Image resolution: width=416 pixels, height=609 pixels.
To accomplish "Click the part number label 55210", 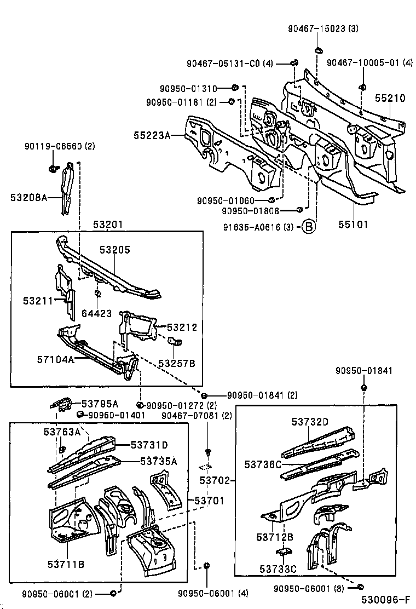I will pyautogui.click(x=390, y=99).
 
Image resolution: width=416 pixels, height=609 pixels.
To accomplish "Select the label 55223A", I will pyautogui.click(x=152, y=135).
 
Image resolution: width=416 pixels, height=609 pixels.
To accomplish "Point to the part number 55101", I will pyautogui.click(x=353, y=224).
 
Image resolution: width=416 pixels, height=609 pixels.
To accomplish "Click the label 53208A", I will pyautogui.click(x=28, y=197).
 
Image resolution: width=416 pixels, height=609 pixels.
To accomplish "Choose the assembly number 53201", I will pyautogui.click(x=108, y=224).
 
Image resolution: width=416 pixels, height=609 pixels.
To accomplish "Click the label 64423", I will pyautogui.click(x=96, y=314).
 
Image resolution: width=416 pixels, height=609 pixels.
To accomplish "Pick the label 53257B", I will pyautogui.click(x=177, y=363).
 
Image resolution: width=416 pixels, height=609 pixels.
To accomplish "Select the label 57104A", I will pyautogui.click(x=55, y=360).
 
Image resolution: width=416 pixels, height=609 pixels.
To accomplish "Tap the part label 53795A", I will pyautogui.click(x=100, y=403).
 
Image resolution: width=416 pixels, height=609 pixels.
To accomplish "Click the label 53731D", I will pyautogui.click(x=149, y=445).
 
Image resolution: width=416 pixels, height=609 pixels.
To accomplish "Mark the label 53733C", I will pyautogui.click(x=278, y=569).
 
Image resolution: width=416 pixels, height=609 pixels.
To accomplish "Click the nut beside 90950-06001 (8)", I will pyautogui.click(x=361, y=587).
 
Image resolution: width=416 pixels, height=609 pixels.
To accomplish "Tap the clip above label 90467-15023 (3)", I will pyautogui.click(x=318, y=50).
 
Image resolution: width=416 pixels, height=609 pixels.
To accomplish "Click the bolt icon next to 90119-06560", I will pyautogui.click(x=53, y=168).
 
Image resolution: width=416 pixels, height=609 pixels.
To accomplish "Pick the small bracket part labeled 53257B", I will pyautogui.click(x=175, y=343).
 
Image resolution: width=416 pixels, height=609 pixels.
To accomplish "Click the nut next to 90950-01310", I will pyautogui.click(x=234, y=88).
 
